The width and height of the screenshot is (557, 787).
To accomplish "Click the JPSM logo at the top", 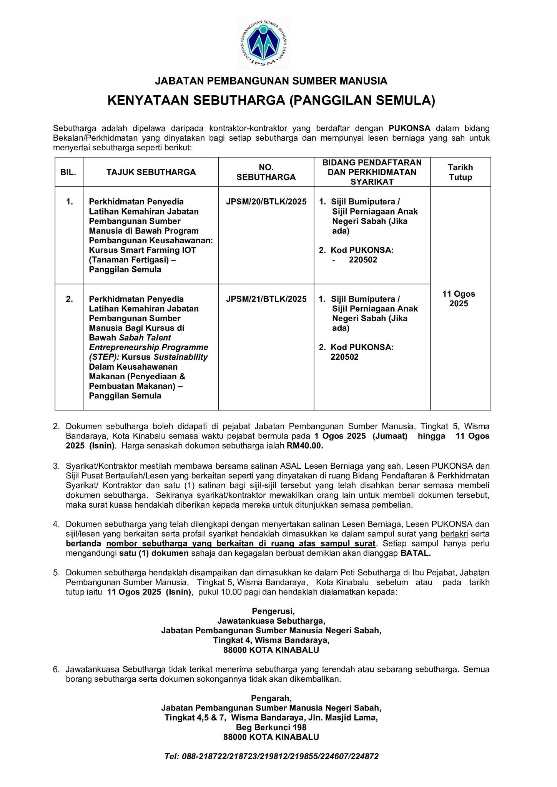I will tap(264, 43).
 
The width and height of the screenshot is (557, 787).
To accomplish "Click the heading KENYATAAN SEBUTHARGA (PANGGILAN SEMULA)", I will tap(271, 101).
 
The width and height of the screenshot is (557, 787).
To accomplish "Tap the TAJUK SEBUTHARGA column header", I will tap(151, 172).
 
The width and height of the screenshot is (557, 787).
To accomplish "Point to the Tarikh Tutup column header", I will tap(460, 172).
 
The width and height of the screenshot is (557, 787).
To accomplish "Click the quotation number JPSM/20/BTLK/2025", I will tap(266, 202).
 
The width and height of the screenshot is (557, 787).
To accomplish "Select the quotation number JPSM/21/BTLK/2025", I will tap(266, 299).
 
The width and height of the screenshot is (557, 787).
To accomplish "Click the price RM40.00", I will tap(305, 446).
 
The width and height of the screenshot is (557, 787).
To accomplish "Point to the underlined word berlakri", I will tap(454, 534).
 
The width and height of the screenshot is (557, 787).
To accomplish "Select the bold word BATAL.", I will tap(416, 553).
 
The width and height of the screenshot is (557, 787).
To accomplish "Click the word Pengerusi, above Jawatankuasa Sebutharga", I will tap(273, 611).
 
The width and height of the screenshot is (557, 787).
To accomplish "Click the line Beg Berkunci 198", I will tap(271, 727).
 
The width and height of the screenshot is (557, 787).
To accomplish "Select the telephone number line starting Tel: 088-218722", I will tap(271, 756).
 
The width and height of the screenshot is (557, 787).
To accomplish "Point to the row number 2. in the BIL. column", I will tap(69, 299).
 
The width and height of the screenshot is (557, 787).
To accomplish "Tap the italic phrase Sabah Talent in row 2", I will tap(145, 338).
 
